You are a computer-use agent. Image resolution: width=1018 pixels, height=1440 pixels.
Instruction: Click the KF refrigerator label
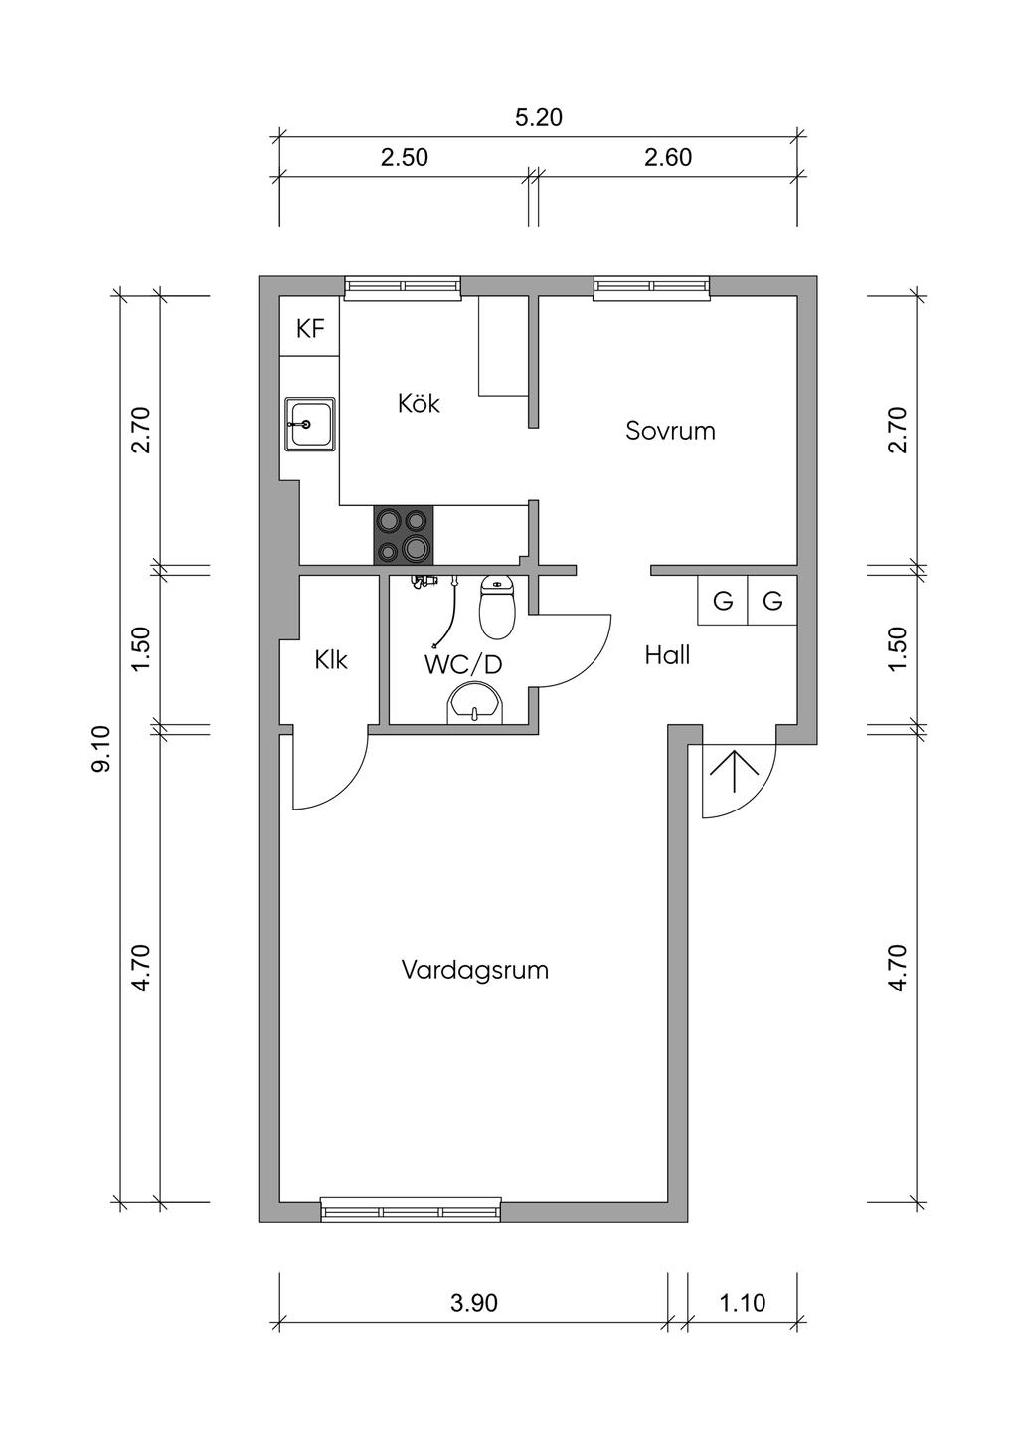pyautogui.click(x=310, y=330)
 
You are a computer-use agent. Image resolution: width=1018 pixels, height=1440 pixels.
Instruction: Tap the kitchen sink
pyautogui.click(x=310, y=425)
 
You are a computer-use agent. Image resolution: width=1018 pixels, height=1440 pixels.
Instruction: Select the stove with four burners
pyautogui.click(x=403, y=535)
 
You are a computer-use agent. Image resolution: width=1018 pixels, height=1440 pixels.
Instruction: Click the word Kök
pyautogui.click(x=419, y=403)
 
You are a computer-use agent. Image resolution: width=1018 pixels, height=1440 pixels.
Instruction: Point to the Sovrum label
pyautogui.click(x=670, y=430)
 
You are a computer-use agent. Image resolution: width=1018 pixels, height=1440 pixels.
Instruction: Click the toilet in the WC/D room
pyautogui.click(x=497, y=607)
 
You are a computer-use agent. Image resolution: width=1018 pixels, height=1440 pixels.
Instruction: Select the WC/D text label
pyautogui.click(x=462, y=665)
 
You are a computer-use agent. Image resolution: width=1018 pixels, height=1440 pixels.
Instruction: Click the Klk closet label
pyautogui.click(x=331, y=660)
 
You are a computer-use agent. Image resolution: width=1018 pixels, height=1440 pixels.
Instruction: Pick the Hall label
pyautogui.click(x=668, y=655)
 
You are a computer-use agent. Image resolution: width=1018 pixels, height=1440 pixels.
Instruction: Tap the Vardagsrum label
pyautogui.click(x=475, y=970)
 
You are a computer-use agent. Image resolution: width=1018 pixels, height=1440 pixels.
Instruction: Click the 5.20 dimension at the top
pyautogui.click(x=539, y=118)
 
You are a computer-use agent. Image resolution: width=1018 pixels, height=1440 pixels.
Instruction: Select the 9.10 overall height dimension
pyautogui.click(x=102, y=748)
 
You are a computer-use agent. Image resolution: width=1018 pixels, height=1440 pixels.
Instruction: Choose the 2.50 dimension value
pyautogui.click(x=405, y=157)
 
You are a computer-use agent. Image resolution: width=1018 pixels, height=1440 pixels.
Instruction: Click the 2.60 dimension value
pyautogui.click(x=668, y=157)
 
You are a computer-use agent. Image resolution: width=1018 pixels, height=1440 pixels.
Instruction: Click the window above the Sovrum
pyautogui.click(x=652, y=288)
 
